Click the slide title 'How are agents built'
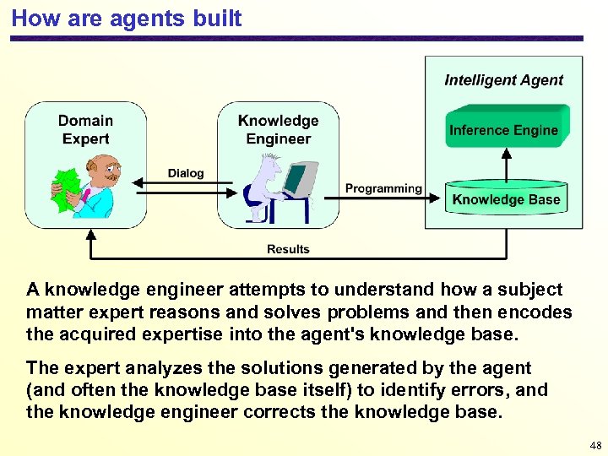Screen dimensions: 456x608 pos(127,18)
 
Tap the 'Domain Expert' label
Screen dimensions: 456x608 pos(85,130)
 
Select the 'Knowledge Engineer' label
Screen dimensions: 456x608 pos(278,130)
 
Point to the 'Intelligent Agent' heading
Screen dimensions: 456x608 pos(503,80)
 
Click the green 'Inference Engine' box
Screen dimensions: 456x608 pos(503,130)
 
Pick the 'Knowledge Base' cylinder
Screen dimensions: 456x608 pos(506,199)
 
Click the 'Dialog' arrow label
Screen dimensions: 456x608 pos(186,173)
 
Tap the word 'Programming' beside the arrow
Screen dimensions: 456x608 pos(383,188)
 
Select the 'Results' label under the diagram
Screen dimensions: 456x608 pos(288,249)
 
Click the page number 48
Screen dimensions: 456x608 pos(595,446)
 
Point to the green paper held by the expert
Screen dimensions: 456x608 pos(64,187)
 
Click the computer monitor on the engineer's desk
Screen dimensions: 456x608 pos(296,179)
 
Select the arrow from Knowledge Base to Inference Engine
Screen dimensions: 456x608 pos(507,165)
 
